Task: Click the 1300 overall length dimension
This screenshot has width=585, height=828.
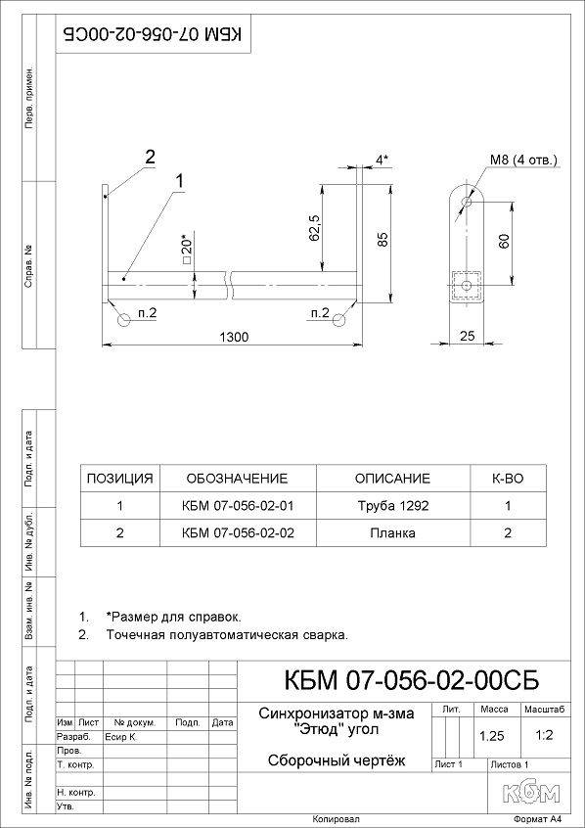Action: coord(234,337)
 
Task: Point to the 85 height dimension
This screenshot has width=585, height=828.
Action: coord(383,239)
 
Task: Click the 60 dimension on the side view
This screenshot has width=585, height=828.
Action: coord(504,242)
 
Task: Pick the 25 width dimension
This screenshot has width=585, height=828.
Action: coord(468,336)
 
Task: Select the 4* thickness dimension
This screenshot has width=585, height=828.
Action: coord(382,160)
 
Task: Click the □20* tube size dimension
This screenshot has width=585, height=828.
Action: coord(188,250)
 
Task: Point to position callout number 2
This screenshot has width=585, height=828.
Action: coord(151,158)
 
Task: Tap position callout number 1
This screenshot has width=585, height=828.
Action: coord(180,182)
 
